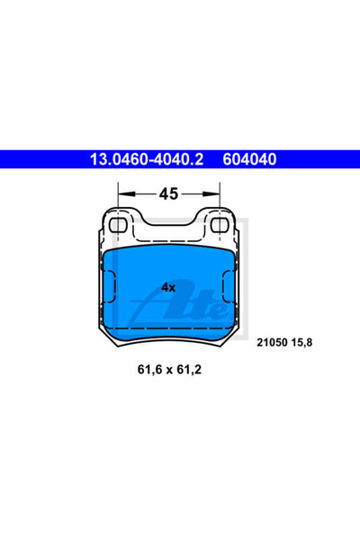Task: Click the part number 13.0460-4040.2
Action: point(147,159)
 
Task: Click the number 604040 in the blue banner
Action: point(249,159)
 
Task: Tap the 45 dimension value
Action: point(168,194)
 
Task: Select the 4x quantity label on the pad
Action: point(168,287)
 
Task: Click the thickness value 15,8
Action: point(301,343)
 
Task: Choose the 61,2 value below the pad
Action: point(189,370)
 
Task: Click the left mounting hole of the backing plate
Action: point(118,225)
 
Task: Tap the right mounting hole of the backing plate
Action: point(220,225)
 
